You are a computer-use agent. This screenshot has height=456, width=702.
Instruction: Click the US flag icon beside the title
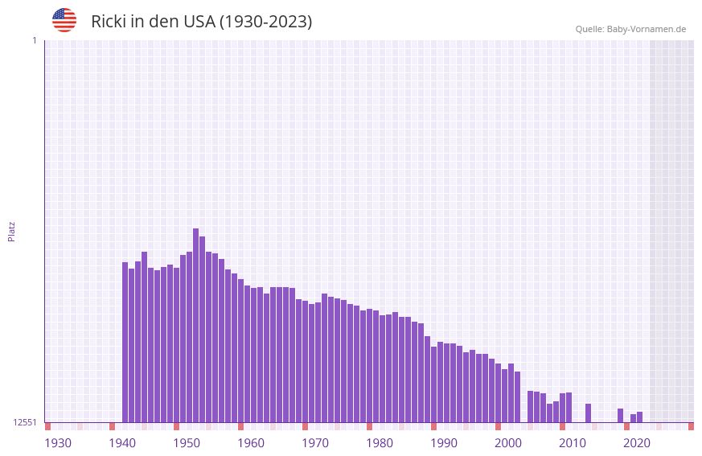[64, 20]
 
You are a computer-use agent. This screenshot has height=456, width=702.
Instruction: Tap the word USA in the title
[199, 22]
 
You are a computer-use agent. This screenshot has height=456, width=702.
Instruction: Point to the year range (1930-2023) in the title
[266, 22]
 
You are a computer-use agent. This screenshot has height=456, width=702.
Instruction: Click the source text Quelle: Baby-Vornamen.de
[630, 29]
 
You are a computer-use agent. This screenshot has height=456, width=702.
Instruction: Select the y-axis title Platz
[11, 231]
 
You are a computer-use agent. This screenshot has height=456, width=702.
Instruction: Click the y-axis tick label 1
[34, 40]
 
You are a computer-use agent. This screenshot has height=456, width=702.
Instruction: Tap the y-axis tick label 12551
[26, 422]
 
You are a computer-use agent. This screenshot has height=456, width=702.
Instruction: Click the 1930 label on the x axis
[58, 443]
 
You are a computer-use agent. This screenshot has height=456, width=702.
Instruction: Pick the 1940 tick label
[122, 443]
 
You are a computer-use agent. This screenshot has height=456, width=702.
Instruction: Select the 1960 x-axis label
[251, 443]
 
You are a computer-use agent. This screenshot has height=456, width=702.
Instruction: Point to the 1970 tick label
[315, 443]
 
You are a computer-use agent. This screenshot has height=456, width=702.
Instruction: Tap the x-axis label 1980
[380, 443]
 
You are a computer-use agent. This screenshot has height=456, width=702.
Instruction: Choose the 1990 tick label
[444, 443]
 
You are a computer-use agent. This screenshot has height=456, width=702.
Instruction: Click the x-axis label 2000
[508, 443]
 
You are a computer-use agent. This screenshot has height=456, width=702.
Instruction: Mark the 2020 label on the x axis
[637, 443]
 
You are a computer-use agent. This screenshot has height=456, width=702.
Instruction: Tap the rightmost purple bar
[639, 417]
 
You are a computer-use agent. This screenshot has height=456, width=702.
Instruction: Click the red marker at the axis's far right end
[691, 426]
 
